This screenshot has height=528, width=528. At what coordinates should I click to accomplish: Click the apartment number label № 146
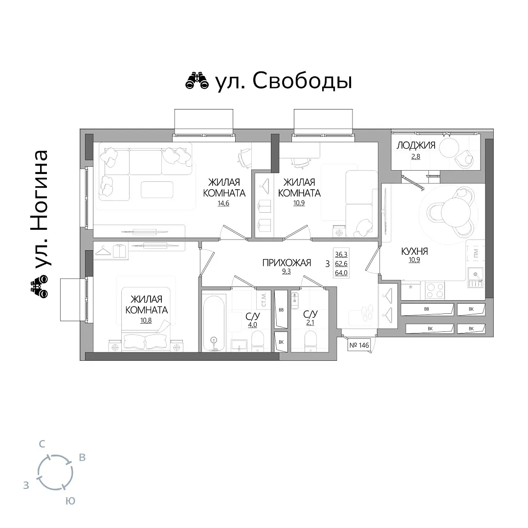coord(359,345)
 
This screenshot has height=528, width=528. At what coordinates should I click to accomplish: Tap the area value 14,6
coord(223,203)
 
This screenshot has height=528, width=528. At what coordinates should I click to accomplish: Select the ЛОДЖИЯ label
coord(416,146)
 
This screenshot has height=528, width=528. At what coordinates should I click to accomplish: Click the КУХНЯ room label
coord(415,251)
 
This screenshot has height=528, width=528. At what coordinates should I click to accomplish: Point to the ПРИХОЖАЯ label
coord(286,263)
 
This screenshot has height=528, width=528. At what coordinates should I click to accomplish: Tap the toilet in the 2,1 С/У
coord(310,340)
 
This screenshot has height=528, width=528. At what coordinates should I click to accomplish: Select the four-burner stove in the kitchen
coord(435,290)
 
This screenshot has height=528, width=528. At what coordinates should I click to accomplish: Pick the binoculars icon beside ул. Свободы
coord(197,81)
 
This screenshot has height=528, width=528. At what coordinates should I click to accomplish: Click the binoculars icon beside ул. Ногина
coord(39,287)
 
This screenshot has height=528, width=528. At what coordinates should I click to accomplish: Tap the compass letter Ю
coord(70,501)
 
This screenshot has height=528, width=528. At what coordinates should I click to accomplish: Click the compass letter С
coord(42,444)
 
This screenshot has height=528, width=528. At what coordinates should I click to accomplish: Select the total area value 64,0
coord(341,273)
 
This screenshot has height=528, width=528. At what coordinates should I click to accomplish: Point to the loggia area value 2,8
coord(416,156)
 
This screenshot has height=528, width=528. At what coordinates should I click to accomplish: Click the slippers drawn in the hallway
coord(366,312)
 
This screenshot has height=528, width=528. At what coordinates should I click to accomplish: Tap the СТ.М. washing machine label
coord(264,299)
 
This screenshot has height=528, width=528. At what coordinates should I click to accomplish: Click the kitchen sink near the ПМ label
coord(476,278)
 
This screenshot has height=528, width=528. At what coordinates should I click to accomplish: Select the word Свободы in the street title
coord(303,81)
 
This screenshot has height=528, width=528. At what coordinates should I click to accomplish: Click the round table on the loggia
coord(449,148)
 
